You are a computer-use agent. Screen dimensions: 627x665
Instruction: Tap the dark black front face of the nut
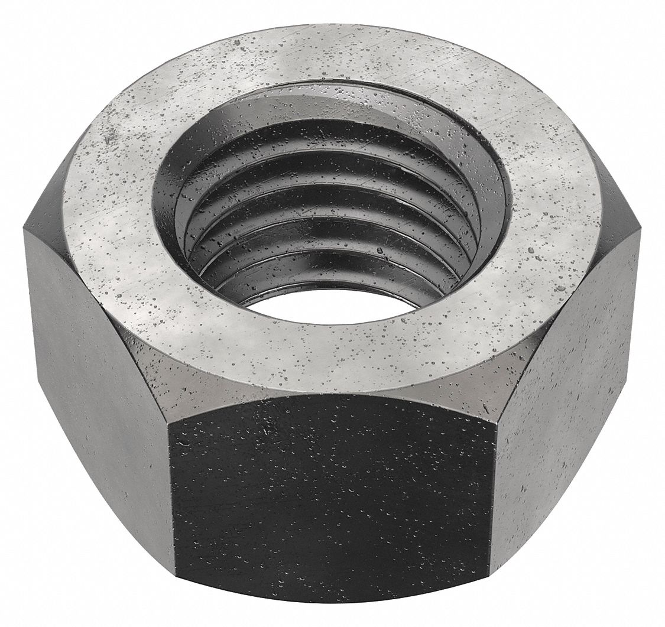331,502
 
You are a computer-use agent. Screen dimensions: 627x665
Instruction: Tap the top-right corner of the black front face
492,423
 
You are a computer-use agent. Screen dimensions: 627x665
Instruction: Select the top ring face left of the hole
112,195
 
